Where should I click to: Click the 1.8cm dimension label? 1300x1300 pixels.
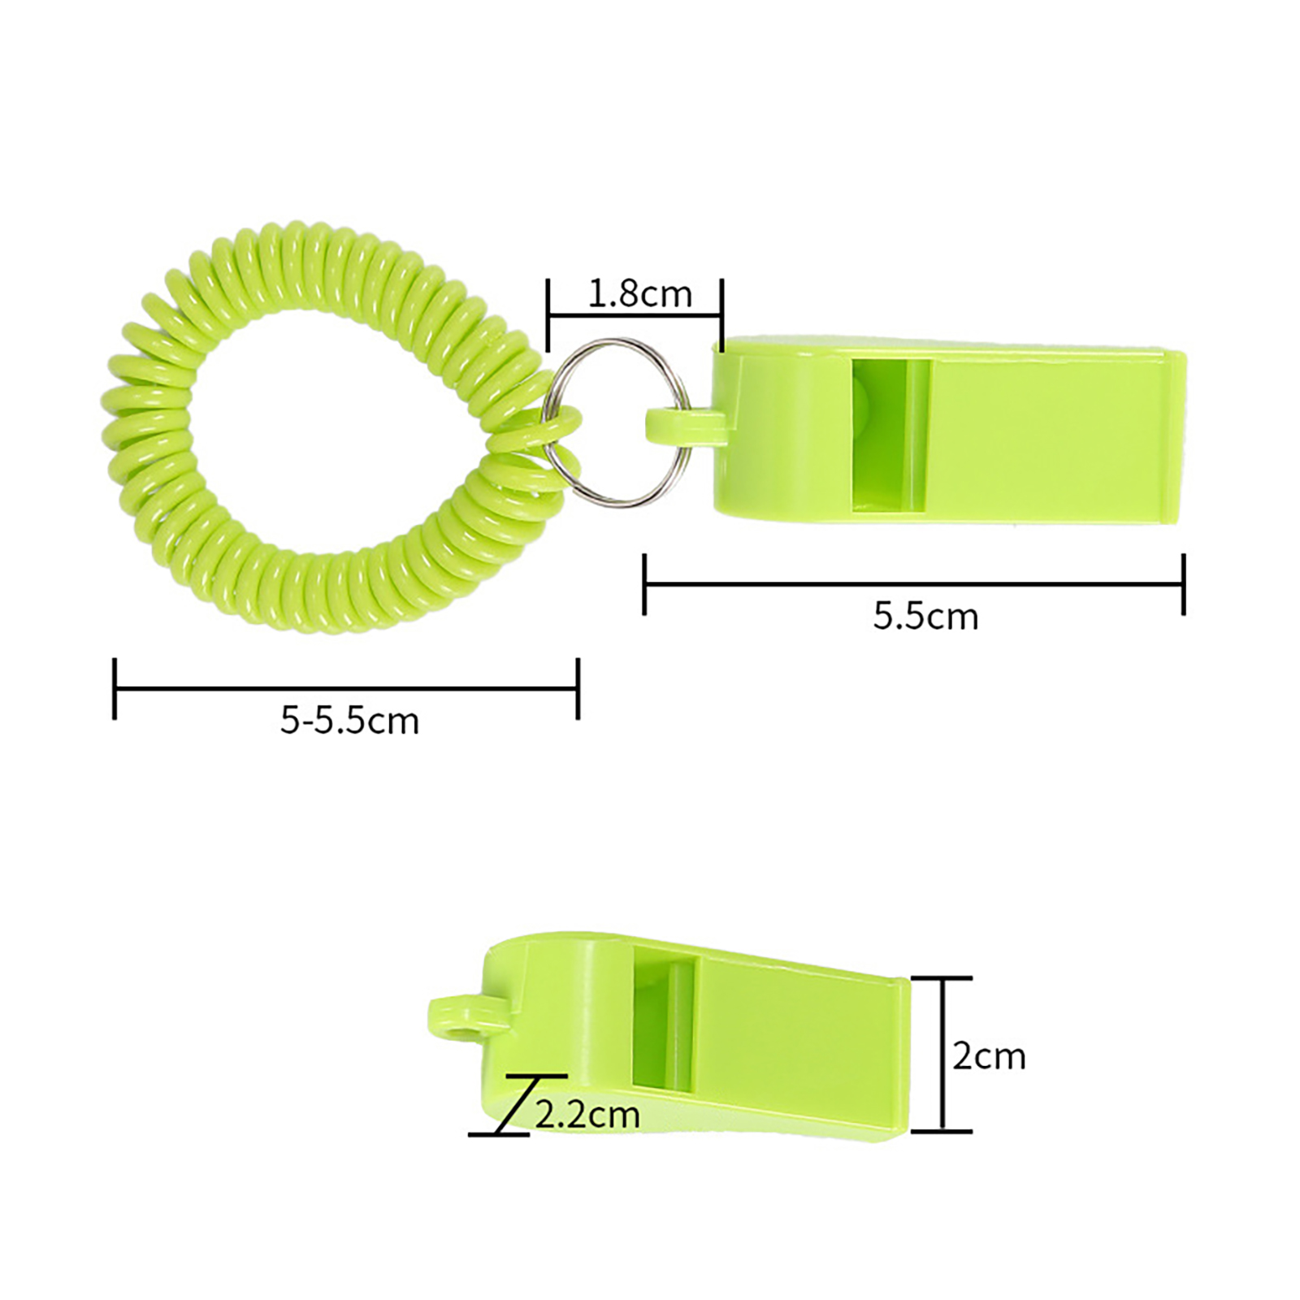coord(639,294)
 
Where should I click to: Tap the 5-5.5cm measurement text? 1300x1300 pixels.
coord(349,721)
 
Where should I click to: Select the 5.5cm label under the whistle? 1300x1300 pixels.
coord(925,617)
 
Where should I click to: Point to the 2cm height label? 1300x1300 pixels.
coord(989,1056)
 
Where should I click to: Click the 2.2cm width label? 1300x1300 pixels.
coord(587,1115)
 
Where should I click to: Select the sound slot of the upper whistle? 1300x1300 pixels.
coord(889,436)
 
